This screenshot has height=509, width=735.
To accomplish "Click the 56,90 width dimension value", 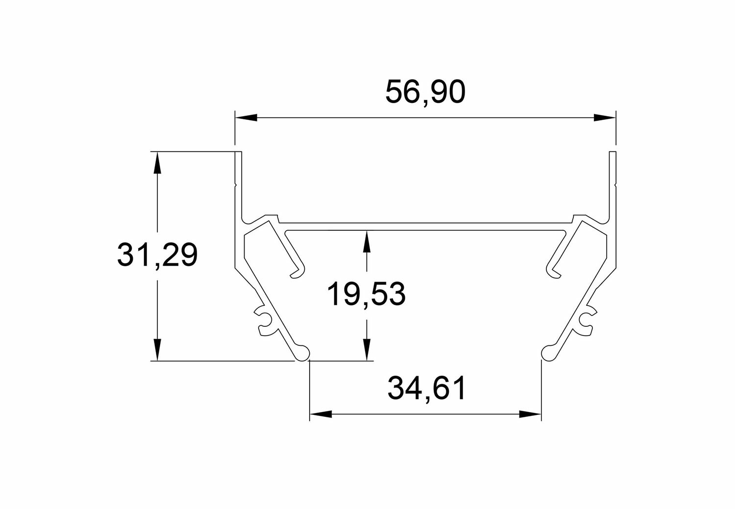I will (x=424, y=92).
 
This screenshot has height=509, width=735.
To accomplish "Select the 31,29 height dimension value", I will (x=157, y=256).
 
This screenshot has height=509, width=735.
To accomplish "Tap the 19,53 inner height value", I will (x=366, y=294).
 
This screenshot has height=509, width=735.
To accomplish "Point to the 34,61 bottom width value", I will (x=426, y=388).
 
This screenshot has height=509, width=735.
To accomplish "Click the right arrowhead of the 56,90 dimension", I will (x=604, y=118).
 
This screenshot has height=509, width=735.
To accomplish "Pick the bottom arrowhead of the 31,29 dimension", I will (x=157, y=350).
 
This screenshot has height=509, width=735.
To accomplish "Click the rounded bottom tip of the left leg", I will (x=303, y=353).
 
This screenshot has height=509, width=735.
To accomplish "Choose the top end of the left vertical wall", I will (x=239, y=153).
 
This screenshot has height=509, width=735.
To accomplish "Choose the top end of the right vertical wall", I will (x=612, y=153).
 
